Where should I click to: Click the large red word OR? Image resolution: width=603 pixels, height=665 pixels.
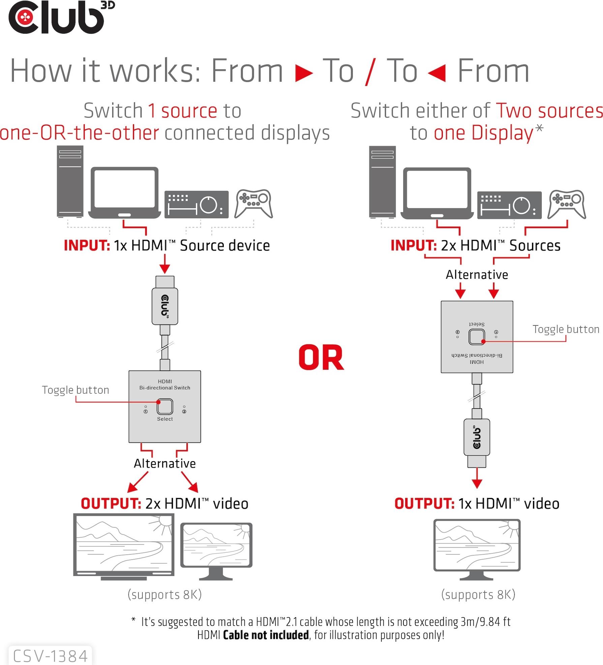321,358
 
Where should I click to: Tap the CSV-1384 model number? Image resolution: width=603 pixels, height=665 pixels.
50,656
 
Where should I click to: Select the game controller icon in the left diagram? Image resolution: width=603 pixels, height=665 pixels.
254,204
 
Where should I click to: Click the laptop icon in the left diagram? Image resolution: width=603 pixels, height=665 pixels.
124,193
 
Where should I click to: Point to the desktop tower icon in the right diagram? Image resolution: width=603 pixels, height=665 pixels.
382,182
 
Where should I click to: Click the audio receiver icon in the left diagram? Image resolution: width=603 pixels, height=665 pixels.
196,204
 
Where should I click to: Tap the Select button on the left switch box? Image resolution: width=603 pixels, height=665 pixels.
165,406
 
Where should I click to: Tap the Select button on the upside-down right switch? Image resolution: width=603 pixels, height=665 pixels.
477,336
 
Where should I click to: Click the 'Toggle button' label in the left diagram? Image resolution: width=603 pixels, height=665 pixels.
76,390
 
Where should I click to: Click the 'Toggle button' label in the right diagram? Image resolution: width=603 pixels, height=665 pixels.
566,329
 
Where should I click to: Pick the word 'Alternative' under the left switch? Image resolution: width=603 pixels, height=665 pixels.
164,463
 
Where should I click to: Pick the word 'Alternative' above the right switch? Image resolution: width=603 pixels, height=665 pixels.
477,275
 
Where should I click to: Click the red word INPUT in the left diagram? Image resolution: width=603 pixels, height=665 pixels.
87,245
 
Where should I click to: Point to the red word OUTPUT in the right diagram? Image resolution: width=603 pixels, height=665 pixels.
424,504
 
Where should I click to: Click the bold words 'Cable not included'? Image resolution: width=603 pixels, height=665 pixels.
266,635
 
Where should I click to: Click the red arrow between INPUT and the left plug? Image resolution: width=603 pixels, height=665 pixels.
164,264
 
